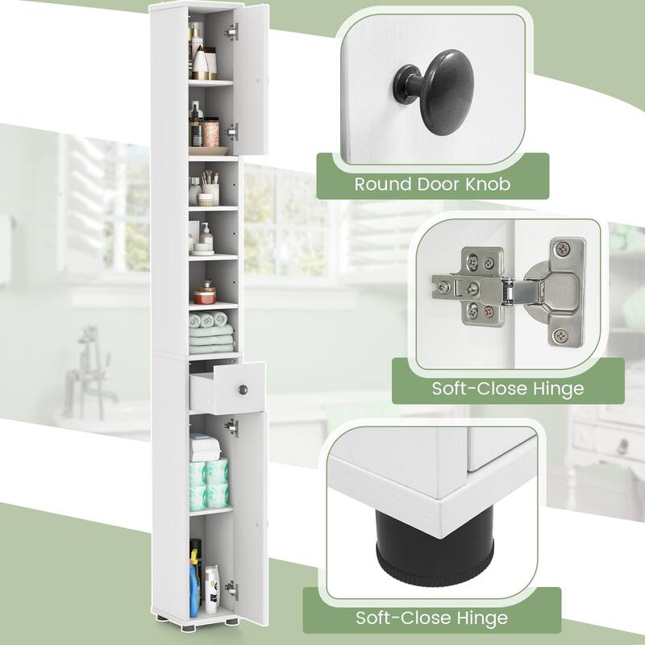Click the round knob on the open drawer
(x=240, y=389)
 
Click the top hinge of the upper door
(x=233, y=32)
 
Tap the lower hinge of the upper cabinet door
(x=233, y=131)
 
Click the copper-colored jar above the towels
(x=208, y=288)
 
